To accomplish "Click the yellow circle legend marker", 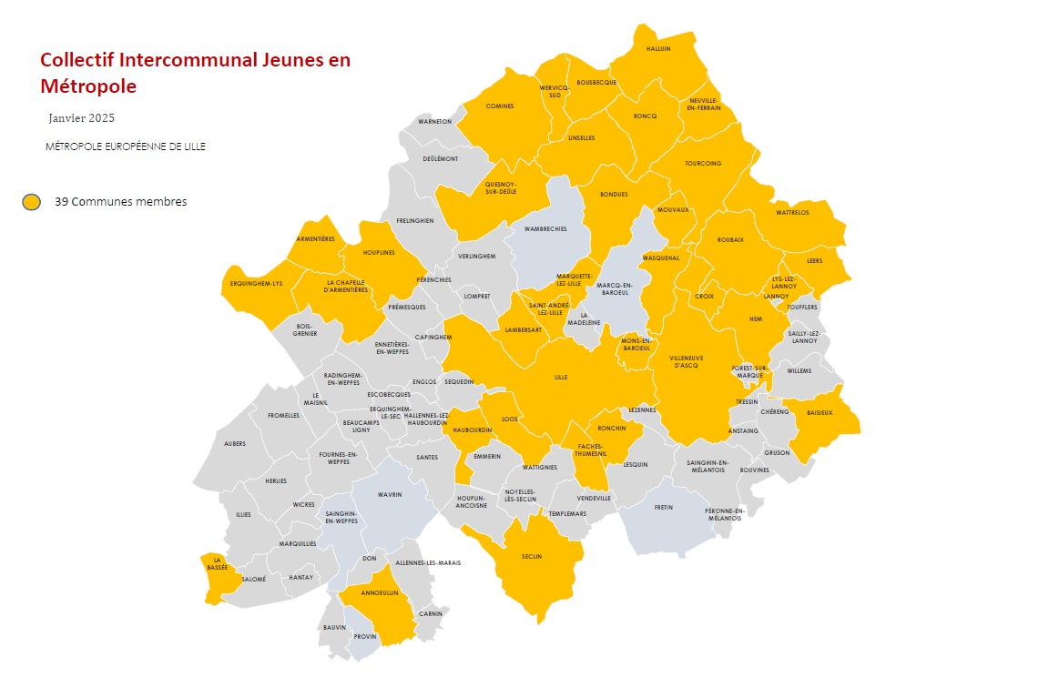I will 32,202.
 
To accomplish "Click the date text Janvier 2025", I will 82,118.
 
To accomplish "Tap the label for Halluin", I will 657,49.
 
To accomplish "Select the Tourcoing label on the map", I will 702,164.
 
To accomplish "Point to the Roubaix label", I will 730,239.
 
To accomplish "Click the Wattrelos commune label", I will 792,213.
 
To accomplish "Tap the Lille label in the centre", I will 561,377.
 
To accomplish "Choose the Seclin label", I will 532,557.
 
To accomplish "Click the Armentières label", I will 315,239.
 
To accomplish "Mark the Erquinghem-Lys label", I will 252,284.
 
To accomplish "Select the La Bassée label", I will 217,564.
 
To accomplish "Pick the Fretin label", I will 663,508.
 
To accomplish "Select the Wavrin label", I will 389,496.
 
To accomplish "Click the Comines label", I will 500,106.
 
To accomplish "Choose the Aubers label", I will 235,444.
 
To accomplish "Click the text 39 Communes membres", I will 120,202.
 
